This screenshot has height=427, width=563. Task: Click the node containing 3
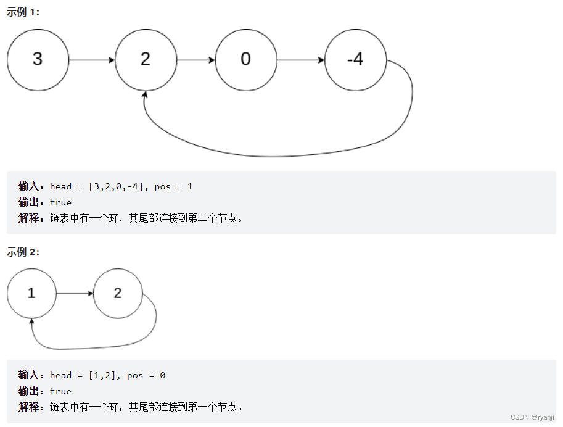pyautogui.click(x=38, y=60)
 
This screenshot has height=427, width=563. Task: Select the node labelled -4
pyautogui.click(x=355, y=60)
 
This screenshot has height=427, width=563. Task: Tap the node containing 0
pyautogui.click(x=246, y=60)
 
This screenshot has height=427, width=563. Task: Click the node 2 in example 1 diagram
pyautogui.click(x=146, y=60)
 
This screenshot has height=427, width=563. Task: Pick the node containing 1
pyautogui.click(x=31, y=294)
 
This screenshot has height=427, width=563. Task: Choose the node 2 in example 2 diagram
pyautogui.click(x=118, y=294)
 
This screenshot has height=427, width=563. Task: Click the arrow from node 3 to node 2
pyautogui.click(x=92, y=60)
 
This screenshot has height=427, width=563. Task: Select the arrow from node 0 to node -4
pyautogui.click(x=301, y=60)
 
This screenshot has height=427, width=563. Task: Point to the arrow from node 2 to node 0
pyautogui.click(x=195, y=60)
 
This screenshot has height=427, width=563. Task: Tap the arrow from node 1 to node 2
pyautogui.click(x=75, y=294)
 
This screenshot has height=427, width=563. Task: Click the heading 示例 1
pyautogui.click(x=23, y=12)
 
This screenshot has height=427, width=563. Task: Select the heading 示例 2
pyautogui.click(x=23, y=252)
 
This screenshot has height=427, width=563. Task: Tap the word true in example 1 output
pyautogui.click(x=60, y=202)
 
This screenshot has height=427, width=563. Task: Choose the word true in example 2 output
pyautogui.click(x=60, y=391)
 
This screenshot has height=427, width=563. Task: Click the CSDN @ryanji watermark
pyautogui.click(x=532, y=417)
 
